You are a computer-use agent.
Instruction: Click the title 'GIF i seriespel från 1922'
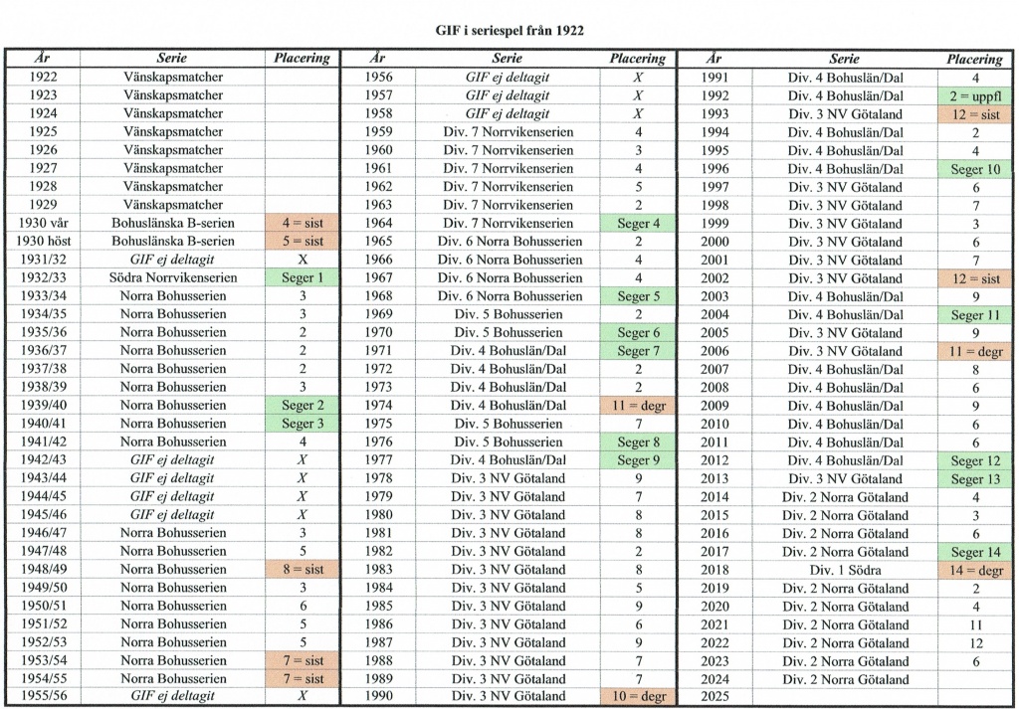pos(509,31)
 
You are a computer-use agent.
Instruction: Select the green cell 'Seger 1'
pos(303,277)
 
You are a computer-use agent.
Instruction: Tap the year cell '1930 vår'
pos(42,223)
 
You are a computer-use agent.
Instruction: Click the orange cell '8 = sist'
pos(303,569)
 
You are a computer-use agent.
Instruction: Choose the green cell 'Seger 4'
pos(638,223)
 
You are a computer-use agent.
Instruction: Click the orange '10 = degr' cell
pos(638,696)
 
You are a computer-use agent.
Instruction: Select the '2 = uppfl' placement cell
pos(974,95)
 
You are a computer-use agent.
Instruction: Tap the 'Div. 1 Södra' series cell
pos(844,570)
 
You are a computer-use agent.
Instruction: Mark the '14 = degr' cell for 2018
pos(974,570)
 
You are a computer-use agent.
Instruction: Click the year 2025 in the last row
pos(714,697)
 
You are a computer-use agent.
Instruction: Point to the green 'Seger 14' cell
pos(974,552)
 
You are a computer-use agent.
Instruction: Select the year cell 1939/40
pos(42,405)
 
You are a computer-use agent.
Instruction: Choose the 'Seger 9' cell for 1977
pos(638,459)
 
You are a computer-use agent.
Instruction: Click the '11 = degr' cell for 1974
pos(638,405)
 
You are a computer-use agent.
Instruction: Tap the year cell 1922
pos(42,78)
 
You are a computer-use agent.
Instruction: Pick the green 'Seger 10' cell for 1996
pos(974,169)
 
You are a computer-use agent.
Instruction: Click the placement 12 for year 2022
pos(974,642)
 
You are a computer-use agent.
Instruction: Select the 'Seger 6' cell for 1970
pos(638,332)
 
